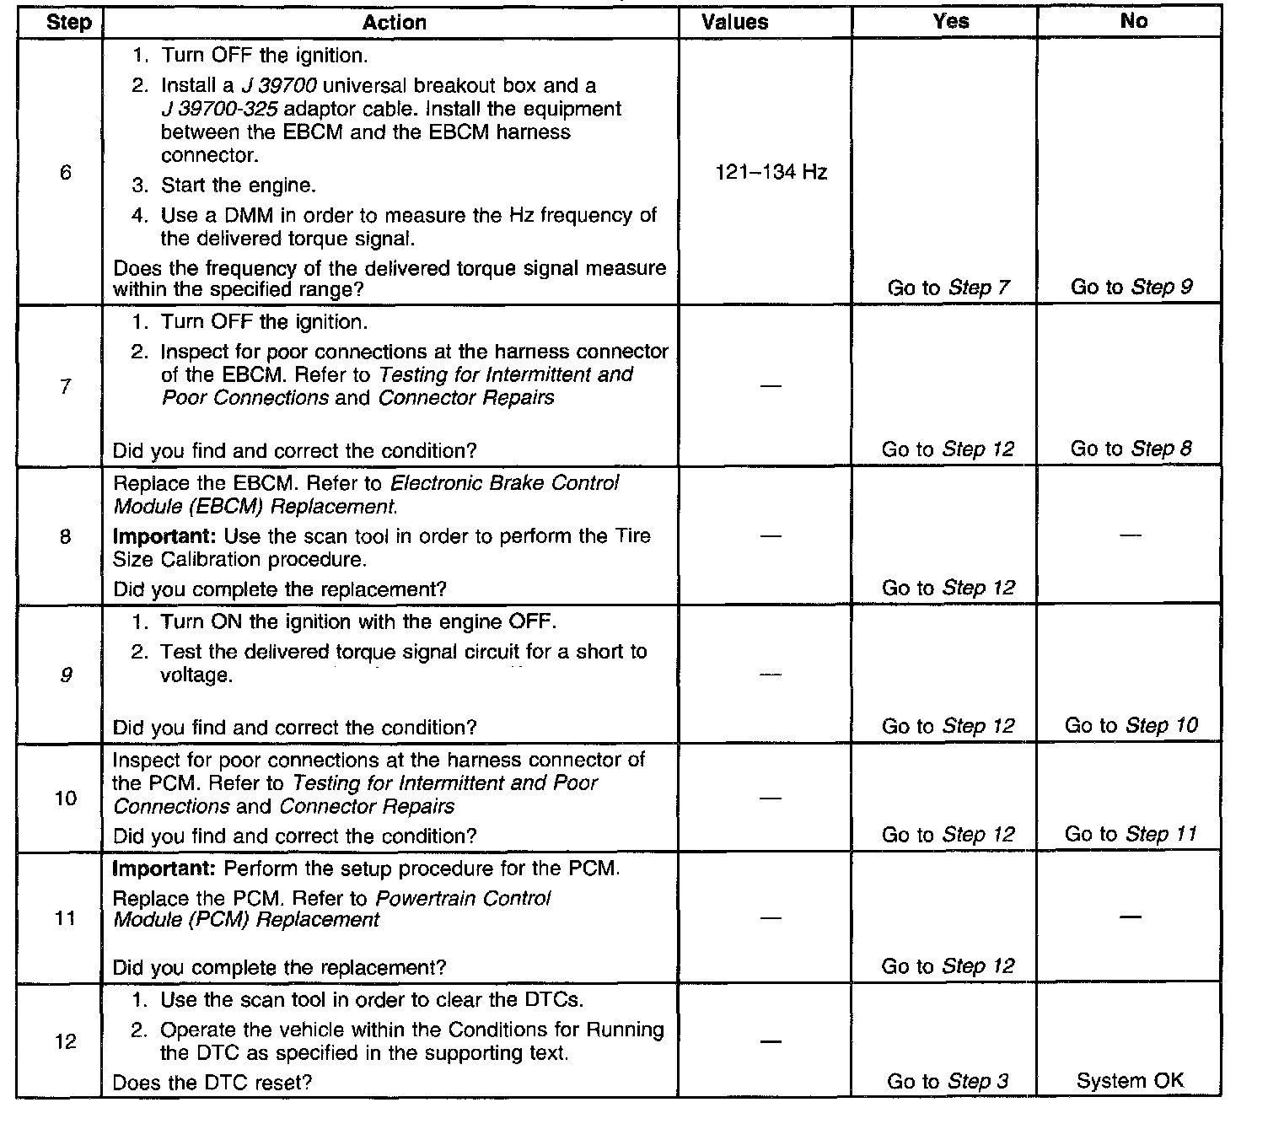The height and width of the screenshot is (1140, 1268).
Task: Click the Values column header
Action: (x=734, y=23)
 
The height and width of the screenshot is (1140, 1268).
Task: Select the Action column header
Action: (x=394, y=23)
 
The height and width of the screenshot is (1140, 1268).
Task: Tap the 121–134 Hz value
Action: (x=771, y=173)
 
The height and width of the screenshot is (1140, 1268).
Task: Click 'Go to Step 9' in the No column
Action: (x=1131, y=288)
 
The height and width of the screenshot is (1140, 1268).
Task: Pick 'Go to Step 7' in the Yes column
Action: (x=948, y=288)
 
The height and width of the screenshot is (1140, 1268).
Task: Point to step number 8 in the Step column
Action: (x=65, y=536)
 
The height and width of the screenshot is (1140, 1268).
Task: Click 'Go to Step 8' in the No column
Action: (x=1131, y=449)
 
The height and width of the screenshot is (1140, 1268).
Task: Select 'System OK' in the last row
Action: (x=1130, y=1081)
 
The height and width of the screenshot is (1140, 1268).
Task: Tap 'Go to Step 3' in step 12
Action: (x=948, y=1082)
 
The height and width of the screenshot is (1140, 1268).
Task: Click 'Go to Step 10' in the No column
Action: (x=1131, y=726)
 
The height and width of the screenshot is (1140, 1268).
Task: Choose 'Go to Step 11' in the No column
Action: (x=1131, y=835)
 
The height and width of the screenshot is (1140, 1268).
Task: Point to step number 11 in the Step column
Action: (x=65, y=918)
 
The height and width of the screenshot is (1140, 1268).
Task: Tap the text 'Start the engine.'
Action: (x=239, y=186)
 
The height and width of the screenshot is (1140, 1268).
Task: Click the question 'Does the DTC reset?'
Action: (x=212, y=1083)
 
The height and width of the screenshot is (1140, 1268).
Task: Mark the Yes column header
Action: (x=950, y=23)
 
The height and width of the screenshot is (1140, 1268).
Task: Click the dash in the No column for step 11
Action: (x=1131, y=917)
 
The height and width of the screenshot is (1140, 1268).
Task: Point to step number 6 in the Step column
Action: (x=65, y=173)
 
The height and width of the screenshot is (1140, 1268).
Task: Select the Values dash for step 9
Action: (x=770, y=675)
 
